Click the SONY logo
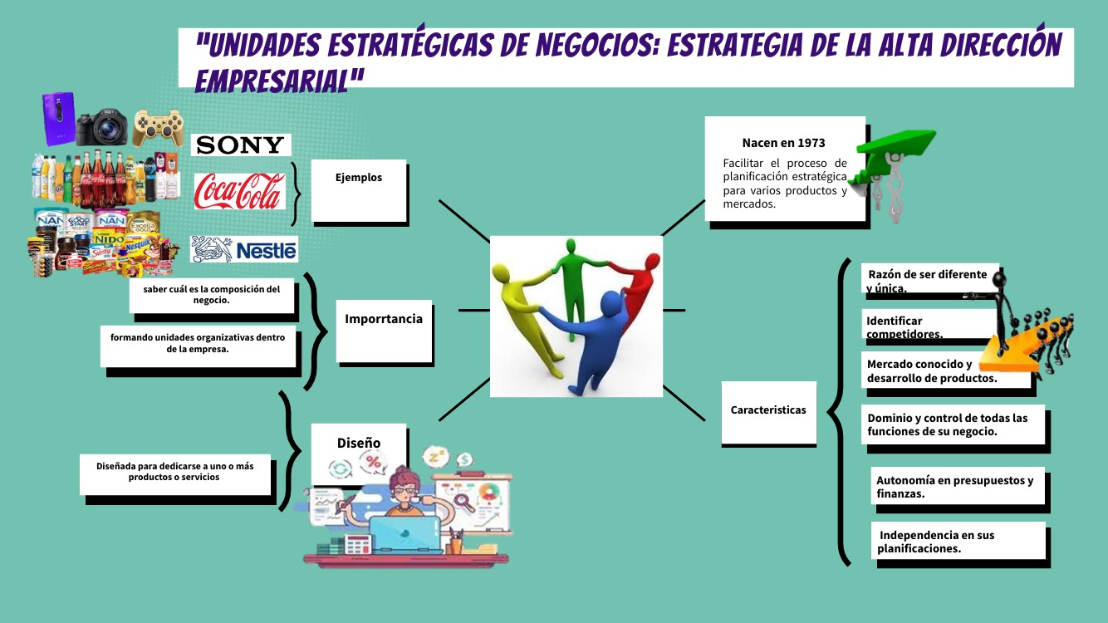tap(241, 145)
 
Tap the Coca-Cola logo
tap(240, 191)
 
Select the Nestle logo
tap(244, 249)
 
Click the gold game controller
tap(159, 127)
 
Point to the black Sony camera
tap(101, 127)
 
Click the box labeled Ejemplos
tap(359, 190)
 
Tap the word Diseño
tap(359, 443)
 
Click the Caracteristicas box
tap(768, 412)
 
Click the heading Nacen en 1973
tap(783, 143)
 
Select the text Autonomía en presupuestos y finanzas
tap(954, 487)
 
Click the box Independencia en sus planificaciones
tap(958, 541)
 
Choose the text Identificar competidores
tap(905, 327)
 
